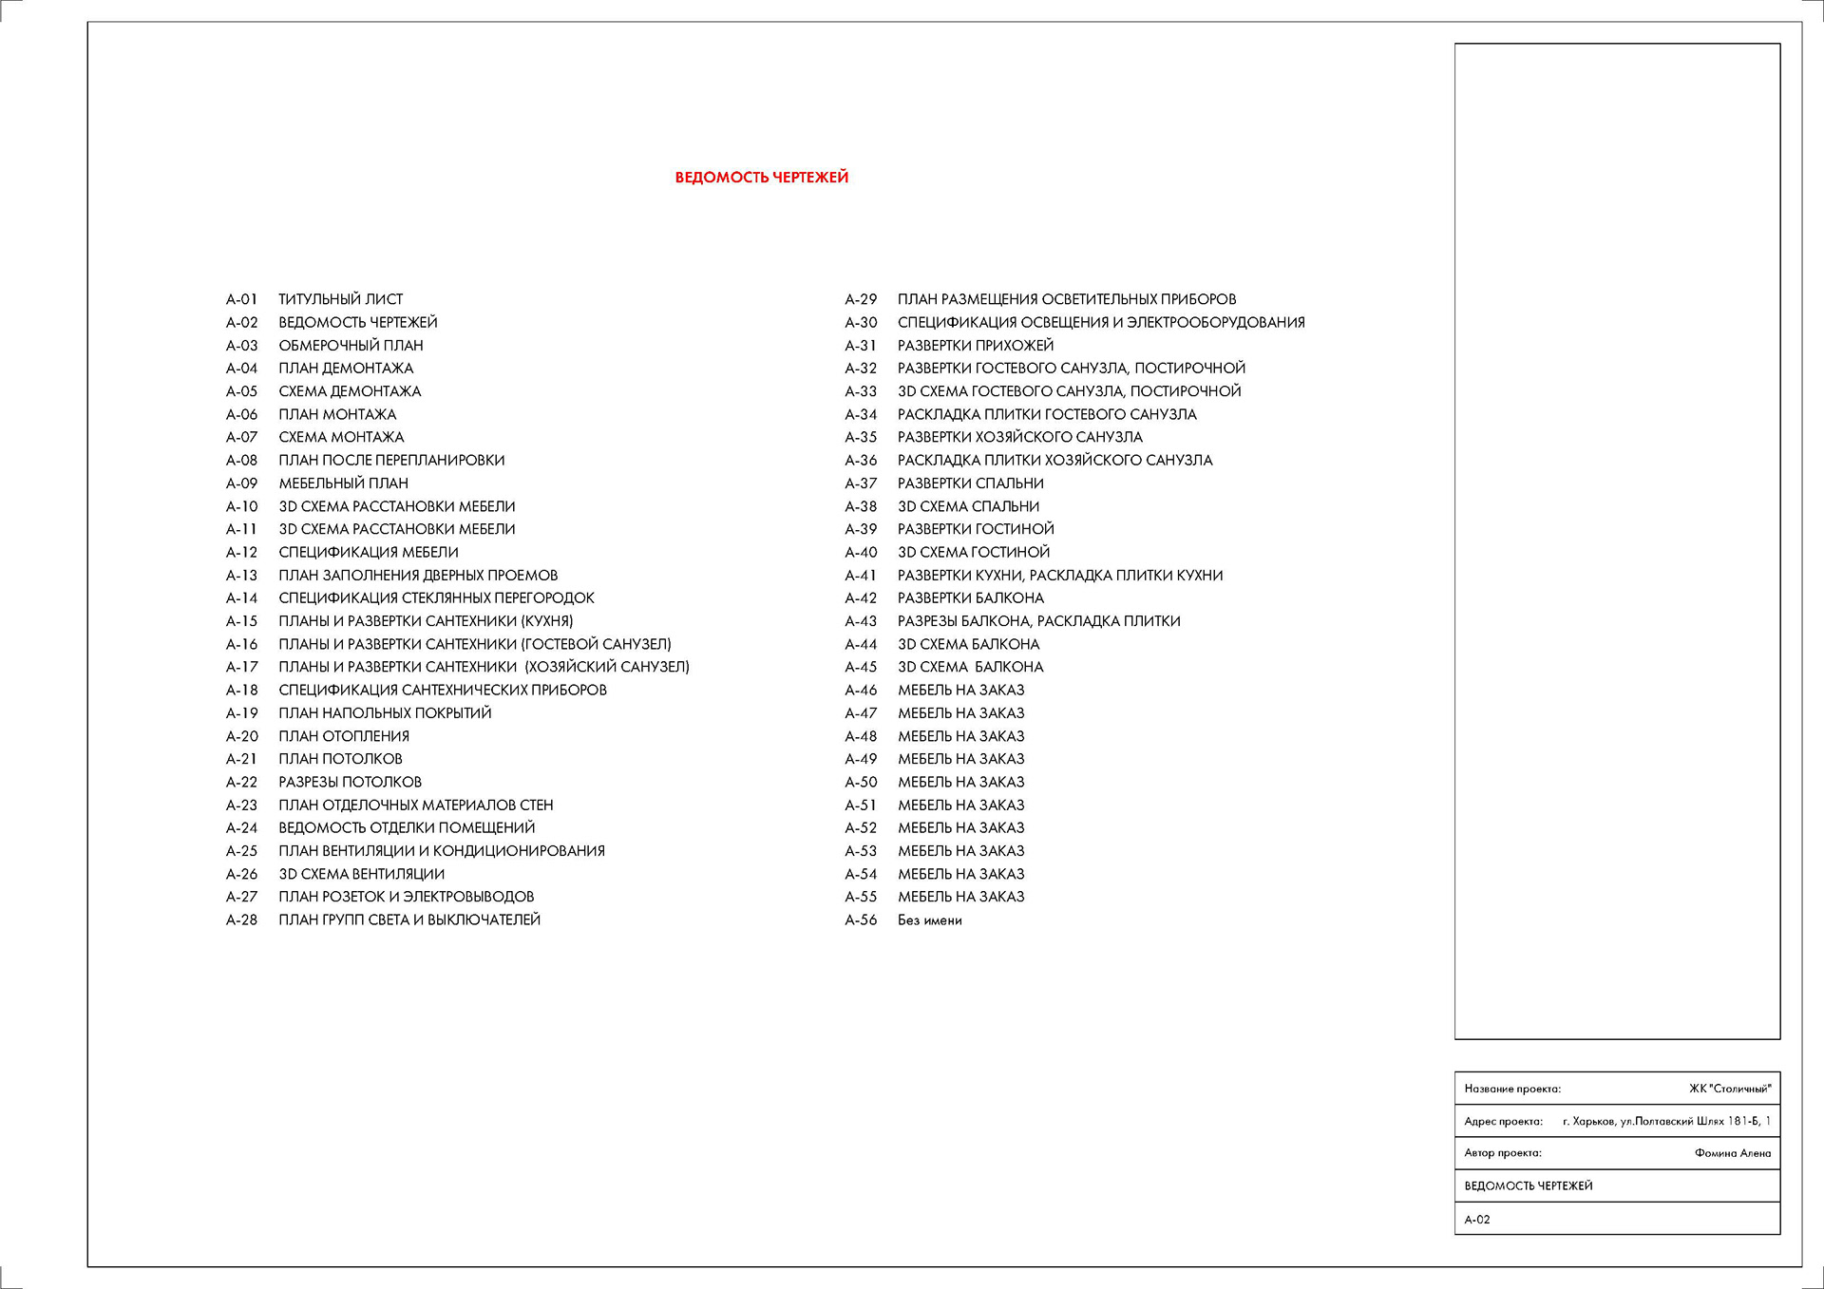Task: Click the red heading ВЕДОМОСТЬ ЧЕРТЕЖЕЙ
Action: [761, 178]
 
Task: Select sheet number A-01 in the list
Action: [241, 299]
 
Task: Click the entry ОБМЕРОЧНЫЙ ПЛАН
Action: [351, 346]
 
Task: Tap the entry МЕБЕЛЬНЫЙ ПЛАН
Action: [343, 483]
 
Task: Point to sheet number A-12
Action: [241, 553]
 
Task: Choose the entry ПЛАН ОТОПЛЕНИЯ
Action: [344, 736]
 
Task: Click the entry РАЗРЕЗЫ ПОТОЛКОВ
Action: [350, 782]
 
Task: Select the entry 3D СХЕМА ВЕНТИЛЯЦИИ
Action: [361, 874]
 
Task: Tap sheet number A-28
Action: [241, 920]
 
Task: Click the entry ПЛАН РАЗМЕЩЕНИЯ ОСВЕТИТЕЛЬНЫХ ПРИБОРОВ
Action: [1067, 299]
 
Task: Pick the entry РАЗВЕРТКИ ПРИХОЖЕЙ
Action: [976, 346]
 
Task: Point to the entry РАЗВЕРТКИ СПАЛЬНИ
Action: [970, 483]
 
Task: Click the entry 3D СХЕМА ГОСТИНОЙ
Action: [974, 553]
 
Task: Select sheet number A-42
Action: [861, 598]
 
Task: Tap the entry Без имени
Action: [929, 920]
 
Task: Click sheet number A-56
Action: [861, 920]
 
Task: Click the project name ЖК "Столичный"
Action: [1730, 1089]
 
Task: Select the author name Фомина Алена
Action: [1733, 1153]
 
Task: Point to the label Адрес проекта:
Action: [1503, 1122]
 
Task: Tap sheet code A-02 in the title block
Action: [1477, 1220]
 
